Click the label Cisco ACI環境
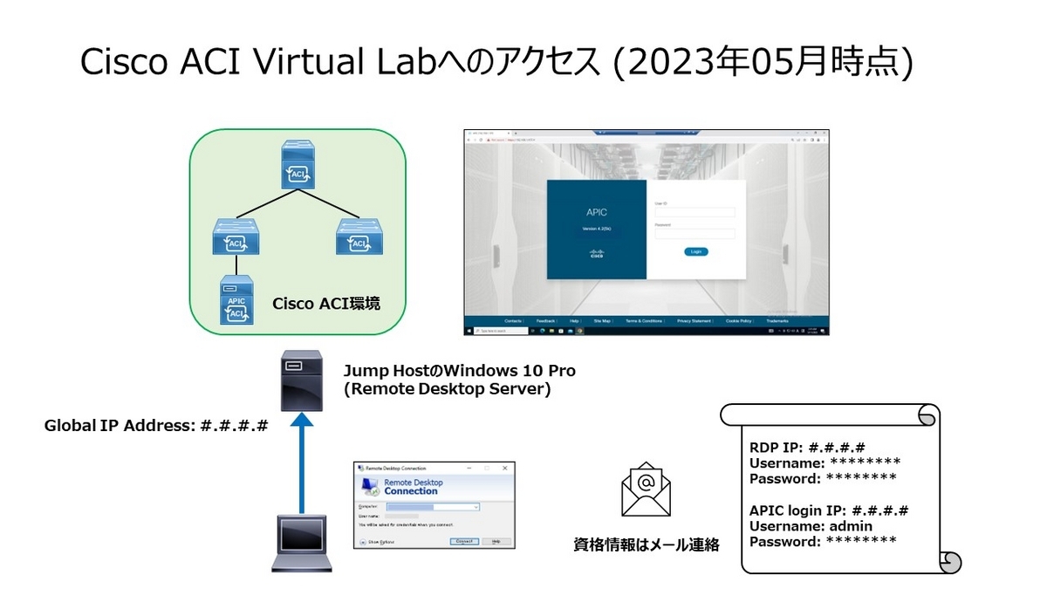[326, 304]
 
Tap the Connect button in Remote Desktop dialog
[464, 541]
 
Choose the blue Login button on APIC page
[695, 251]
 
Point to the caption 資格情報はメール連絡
[646, 544]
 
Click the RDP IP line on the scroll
[807, 447]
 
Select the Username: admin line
[811, 526]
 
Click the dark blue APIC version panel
[596, 229]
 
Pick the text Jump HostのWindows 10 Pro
[459, 371]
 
